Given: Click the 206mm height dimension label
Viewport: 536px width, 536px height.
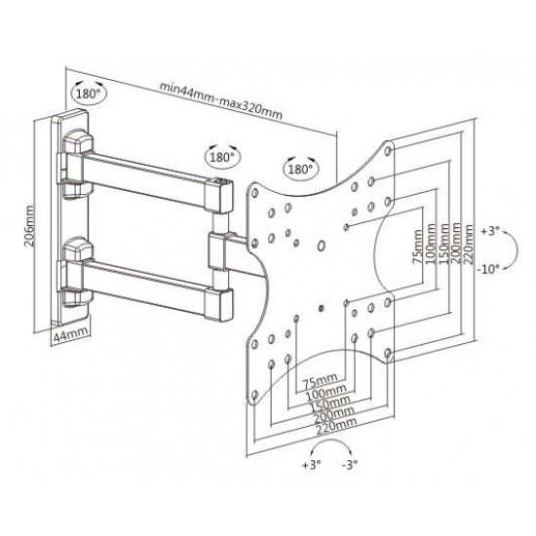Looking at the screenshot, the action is [29, 226].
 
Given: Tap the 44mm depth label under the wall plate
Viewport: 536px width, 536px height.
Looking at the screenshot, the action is [71, 334].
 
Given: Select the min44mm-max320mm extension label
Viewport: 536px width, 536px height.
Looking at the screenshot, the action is [221, 100].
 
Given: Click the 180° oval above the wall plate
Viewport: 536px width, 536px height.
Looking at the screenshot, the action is [89, 93].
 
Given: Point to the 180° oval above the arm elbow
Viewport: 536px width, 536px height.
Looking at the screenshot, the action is [222, 157].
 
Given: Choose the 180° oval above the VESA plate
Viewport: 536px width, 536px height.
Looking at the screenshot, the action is [301, 169].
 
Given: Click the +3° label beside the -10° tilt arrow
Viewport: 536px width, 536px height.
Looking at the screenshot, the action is [490, 231].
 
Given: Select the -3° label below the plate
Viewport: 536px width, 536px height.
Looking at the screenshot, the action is [349, 464].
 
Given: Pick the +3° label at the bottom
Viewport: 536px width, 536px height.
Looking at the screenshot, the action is [312, 464].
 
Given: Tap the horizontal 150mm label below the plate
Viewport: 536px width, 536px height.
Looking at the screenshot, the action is [329, 403].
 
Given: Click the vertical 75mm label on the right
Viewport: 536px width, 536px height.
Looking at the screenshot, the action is [417, 247].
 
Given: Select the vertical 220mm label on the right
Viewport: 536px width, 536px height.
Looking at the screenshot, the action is [469, 244].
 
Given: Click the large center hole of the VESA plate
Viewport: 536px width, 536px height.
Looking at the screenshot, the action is [322, 246].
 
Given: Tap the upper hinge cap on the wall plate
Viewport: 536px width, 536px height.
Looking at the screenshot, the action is [78, 140].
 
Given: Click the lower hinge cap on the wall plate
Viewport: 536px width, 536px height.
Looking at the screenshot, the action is [78, 249].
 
